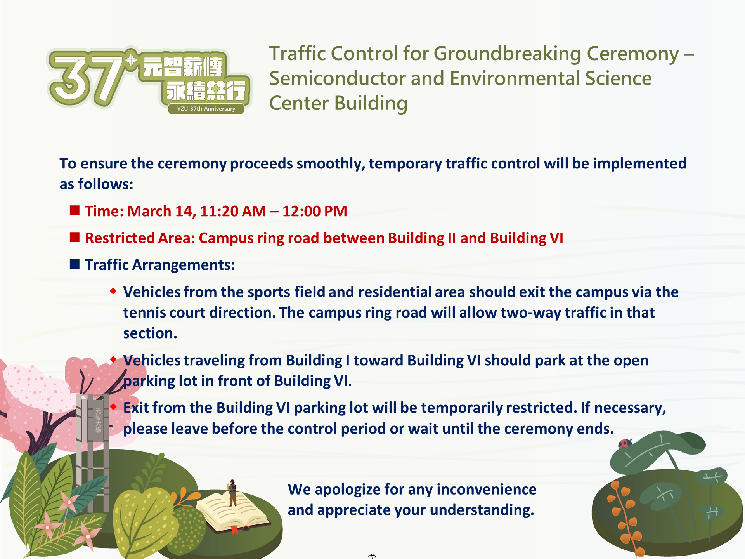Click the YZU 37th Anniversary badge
click(x=206, y=109)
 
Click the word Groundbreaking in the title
click(x=507, y=54)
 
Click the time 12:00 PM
click(x=315, y=211)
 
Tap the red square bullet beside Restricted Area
click(x=74, y=237)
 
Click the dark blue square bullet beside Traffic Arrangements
click(x=74, y=264)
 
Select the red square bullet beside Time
click(x=74, y=210)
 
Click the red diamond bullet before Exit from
click(x=113, y=406)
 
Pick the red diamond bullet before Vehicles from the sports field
click(x=113, y=291)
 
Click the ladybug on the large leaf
click(x=625, y=443)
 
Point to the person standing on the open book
click(x=232, y=493)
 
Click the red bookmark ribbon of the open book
click(x=234, y=529)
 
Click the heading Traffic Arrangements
click(x=160, y=265)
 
